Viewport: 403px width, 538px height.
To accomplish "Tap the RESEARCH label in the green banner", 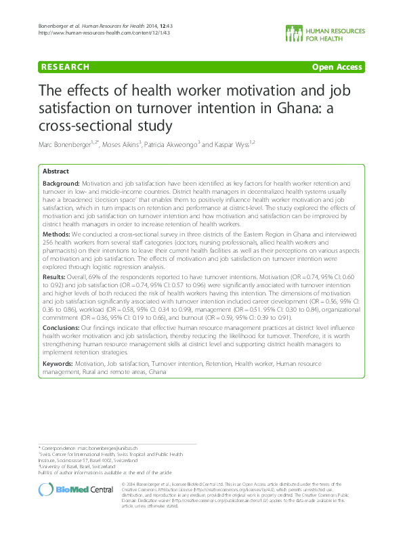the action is [x=65, y=67].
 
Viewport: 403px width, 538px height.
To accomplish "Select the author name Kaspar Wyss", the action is [x=232, y=143].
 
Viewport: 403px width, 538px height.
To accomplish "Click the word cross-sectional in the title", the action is [x=79, y=125].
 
